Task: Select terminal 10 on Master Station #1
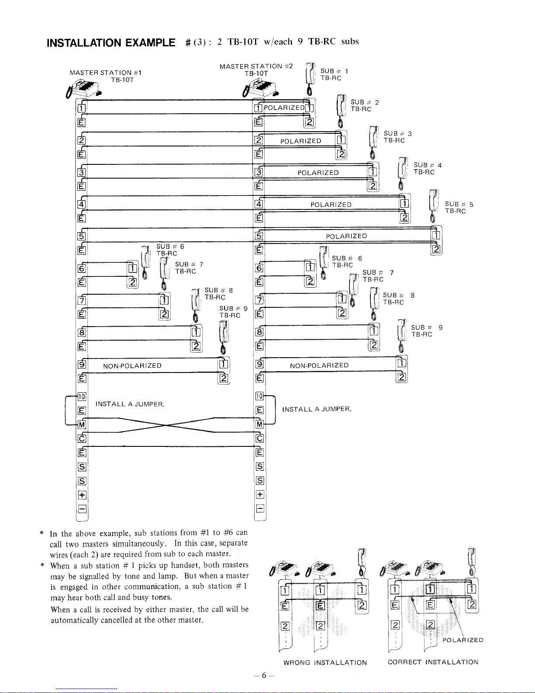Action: click(x=82, y=397)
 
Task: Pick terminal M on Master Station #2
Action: click(x=259, y=425)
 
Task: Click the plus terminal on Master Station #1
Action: click(x=82, y=495)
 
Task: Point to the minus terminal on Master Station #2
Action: click(x=259, y=508)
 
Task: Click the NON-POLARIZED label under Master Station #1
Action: click(x=132, y=366)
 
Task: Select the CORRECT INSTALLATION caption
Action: click(x=433, y=662)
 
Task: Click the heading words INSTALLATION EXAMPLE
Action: click(x=110, y=43)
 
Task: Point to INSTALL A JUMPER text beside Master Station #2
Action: click(x=317, y=410)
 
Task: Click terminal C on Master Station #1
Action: click(x=82, y=439)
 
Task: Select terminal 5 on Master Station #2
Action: click(x=259, y=237)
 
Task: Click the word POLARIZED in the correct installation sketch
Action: click(x=463, y=641)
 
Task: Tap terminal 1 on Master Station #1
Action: click(x=81, y=109)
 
